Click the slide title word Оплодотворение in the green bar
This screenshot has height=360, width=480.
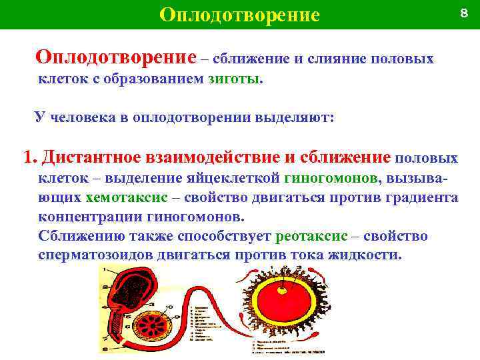pos(240,15)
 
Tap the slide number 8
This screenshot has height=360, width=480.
pos(463,13)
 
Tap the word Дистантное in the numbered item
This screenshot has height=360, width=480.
pos(90,158)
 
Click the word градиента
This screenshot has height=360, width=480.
pos(421,198)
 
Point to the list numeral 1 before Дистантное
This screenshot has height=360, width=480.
pos(27,158)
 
